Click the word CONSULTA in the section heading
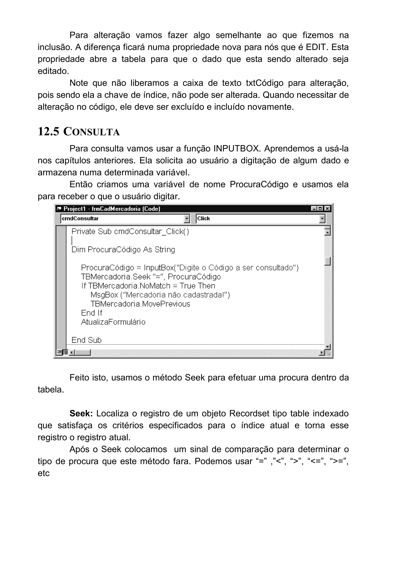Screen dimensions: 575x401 (x=91, y=132)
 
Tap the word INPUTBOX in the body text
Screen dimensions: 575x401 (x=236, y=149)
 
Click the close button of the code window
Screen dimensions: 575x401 (x=327, y=209)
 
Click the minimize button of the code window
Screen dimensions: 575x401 (x=314, y=209)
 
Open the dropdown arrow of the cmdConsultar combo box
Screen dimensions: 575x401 (x=187, y=219)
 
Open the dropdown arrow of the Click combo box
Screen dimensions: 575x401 (x=322, y=219)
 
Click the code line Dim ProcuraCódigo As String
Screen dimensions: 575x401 (x=123, y=250)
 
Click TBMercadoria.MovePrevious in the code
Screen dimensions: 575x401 (x=140, y=304)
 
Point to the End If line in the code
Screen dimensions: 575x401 (x=91, y=313)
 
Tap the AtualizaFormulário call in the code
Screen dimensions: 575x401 (x=113, y=322)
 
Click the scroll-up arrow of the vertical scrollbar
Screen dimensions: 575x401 (x=327, y=232)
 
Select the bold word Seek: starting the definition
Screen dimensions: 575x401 (x=81, y=413)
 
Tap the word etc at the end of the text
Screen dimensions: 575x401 (x=44, y=473)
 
